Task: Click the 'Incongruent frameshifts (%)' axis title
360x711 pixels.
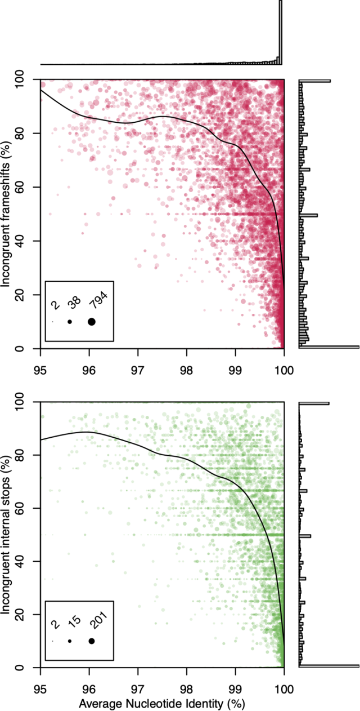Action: tap(7, 214)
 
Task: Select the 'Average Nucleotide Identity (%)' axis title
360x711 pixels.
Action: tap(162, 704)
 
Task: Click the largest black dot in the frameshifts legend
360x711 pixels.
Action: tap(92, 322)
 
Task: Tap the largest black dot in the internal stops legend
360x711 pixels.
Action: tap(92, 641)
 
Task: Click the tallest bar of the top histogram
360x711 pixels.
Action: tap(281, 33)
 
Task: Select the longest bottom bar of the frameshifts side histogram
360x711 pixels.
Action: tap(328, 347)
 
